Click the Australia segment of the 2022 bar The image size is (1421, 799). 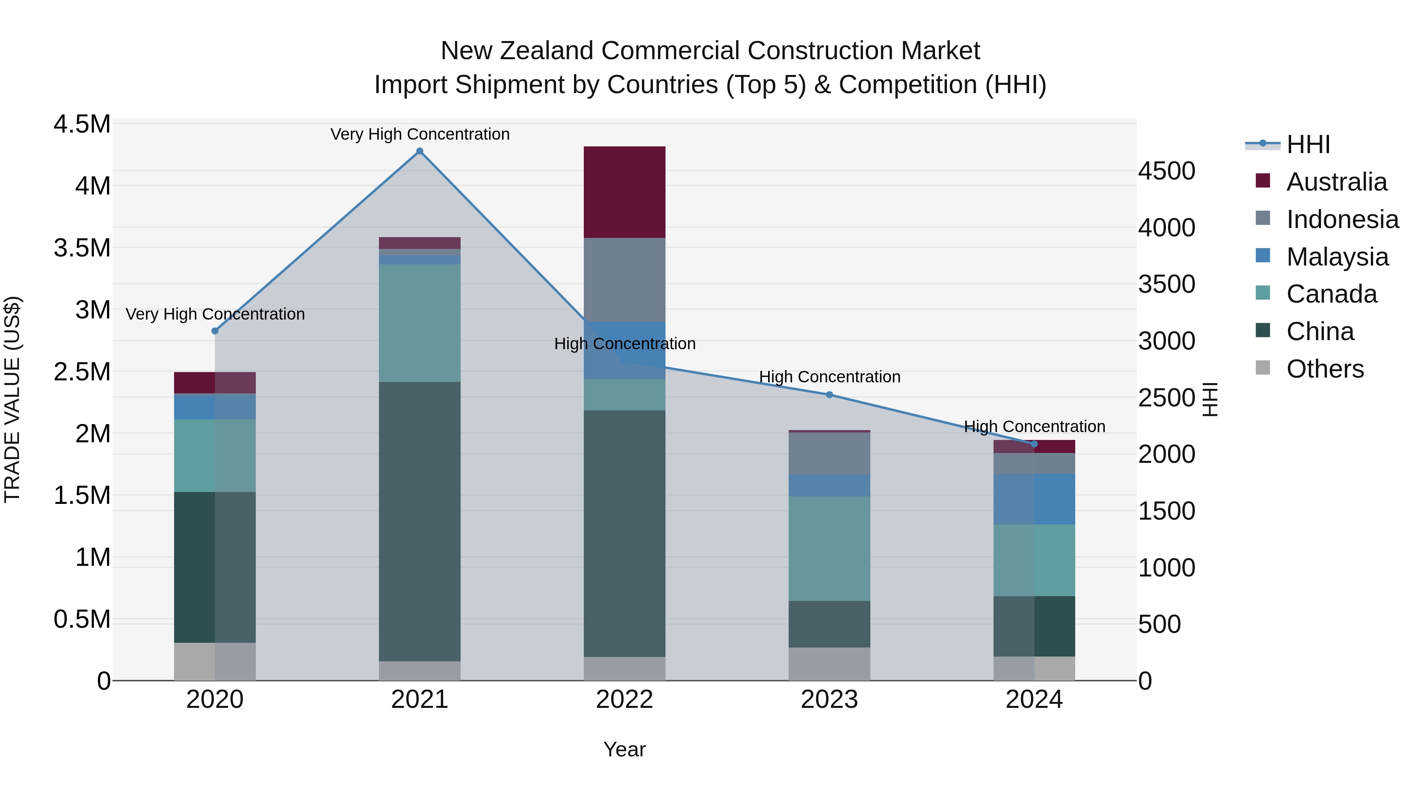point(624,192)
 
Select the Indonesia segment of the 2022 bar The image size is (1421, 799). point(624,280)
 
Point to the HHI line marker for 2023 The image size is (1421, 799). point(829,395)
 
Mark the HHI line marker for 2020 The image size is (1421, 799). point(215,331)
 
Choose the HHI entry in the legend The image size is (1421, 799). point(1307,144)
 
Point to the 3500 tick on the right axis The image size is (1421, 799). point(1166,284)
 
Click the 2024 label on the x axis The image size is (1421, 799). point(1034,700)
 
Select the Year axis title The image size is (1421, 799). point(624,749)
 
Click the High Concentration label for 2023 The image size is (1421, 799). point(829,377)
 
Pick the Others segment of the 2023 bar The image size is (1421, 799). point(829,664)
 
